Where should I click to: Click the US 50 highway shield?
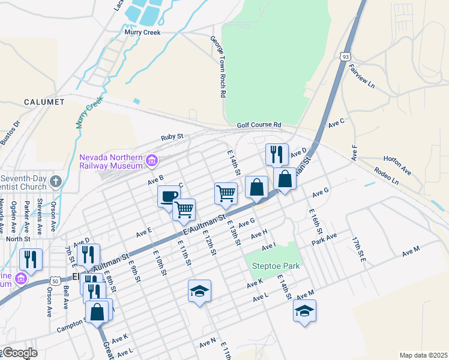pos(55,280)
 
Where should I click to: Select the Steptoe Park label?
pos(273,265)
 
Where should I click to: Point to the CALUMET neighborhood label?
pos(44,102)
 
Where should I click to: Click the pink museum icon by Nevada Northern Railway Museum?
pos(151,161)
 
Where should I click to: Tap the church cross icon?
pos(55,181)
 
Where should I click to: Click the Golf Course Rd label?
pos(259,124)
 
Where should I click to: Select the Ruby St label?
pos(171,137)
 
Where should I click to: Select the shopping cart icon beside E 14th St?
pos(226,193)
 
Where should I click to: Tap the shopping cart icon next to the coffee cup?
pos(184,209)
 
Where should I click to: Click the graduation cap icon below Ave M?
pos(304,310)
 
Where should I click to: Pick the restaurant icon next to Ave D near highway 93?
pos(277,154)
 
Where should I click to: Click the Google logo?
pos(19,353)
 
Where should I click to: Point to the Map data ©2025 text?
pos(423,355)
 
